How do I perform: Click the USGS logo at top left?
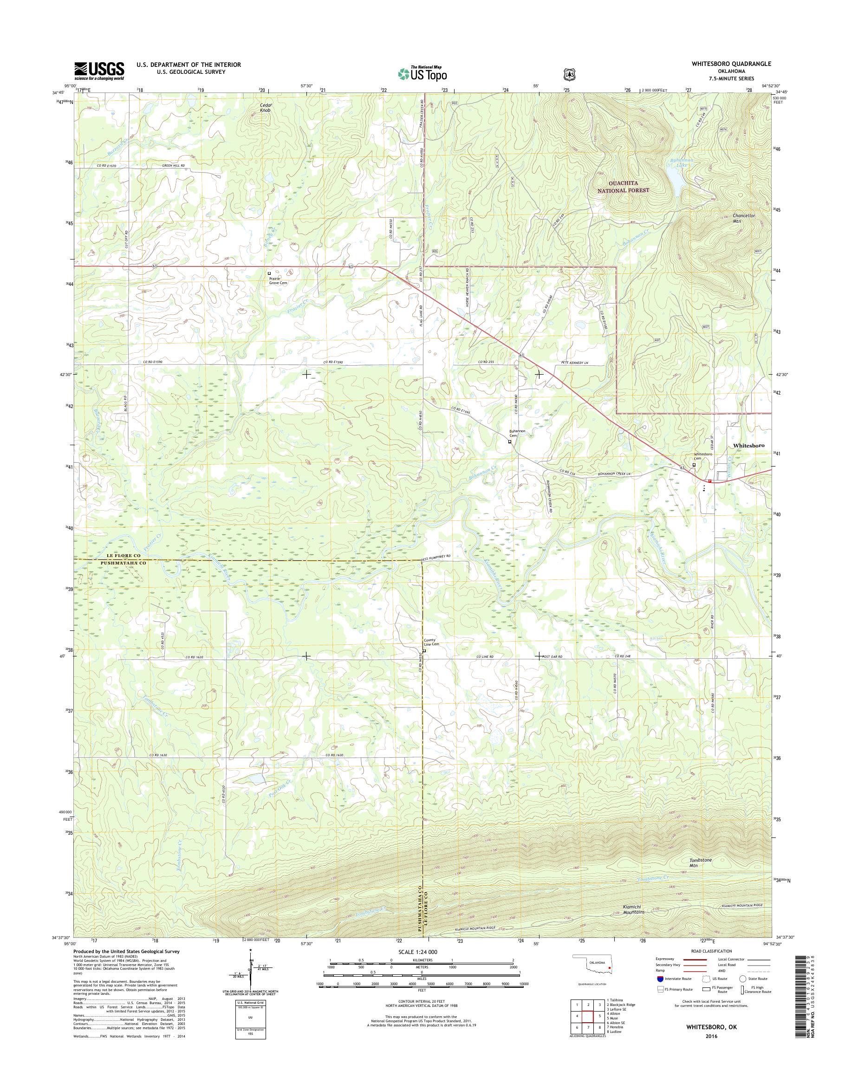coord(99,71)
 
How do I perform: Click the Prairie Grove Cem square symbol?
coord(269,273)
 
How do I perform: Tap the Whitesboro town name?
coord(748,445)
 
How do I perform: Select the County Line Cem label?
coord(431,642)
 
